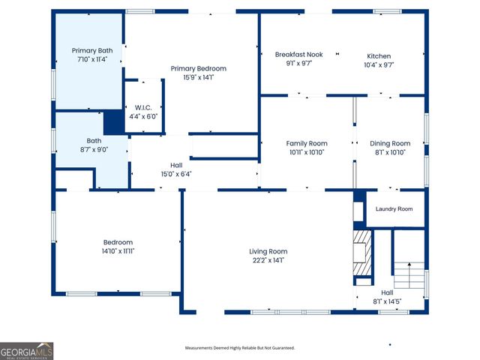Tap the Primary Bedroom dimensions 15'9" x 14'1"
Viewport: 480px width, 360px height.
pyautogui.click(x=198, y=77)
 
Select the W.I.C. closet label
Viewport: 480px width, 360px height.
pyautogui.click(x=142, y=108)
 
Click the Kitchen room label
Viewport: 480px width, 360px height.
pyautogui.click(x=379, y=56)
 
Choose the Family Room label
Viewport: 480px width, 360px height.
pyautogui.click(x=307, y=143)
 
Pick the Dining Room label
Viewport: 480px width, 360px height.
pyautogui.click(x=390, y=143)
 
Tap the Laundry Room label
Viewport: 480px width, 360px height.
pyautogui.click(x=394, y=209)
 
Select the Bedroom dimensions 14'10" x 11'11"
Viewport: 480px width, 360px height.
pyautogui.click(x=118, y=251)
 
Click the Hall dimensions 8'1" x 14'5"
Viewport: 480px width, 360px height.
pyautogui.click(x=387, y=301)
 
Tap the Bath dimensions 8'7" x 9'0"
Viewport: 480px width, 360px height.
pyautogui.click(x=94, y=149)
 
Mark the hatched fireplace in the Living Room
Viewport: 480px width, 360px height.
pyautogui.click(x=362, y=255)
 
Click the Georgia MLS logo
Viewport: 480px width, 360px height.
pyautogui.click(x=27, y=351)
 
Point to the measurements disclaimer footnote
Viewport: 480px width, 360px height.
pyautogui.click(x=240, y=348)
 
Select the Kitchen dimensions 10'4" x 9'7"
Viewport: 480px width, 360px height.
pyautogui.click(x=379, y=65)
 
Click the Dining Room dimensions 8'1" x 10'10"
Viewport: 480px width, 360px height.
pyautogui.click(x=390, y=152)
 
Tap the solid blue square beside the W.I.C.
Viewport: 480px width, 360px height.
pyautogui.click(x=113, y=121)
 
